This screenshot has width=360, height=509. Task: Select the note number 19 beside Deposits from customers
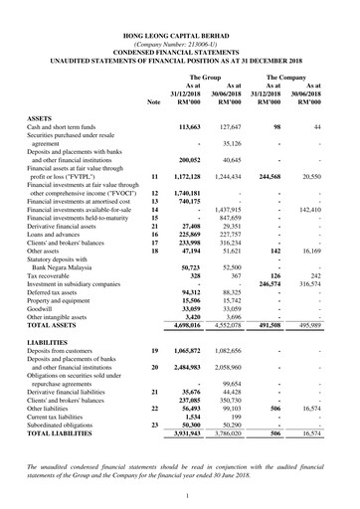click(153, 352)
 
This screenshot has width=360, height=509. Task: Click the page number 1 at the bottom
click(180, 494)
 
